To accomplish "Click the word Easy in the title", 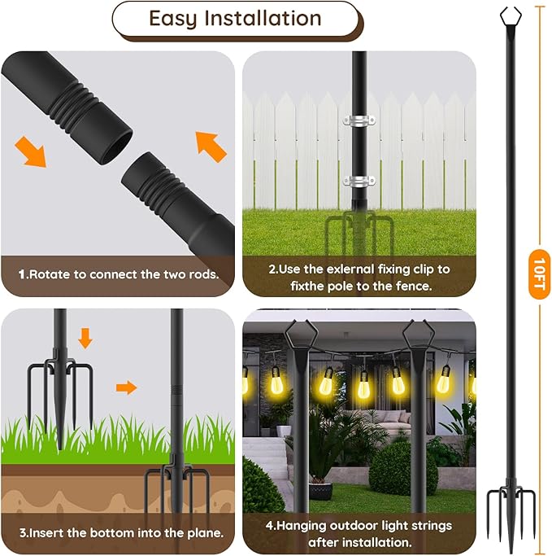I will [173, 19].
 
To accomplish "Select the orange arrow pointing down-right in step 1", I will [31, 152].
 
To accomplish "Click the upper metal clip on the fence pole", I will [358, 122].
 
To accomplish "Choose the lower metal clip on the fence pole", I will [358, 181].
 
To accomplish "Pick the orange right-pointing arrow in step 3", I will [126, 387].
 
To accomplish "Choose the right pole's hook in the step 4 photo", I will [418, 333].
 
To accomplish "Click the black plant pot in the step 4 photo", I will [320, 489].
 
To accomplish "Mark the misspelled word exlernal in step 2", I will [341, 269].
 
